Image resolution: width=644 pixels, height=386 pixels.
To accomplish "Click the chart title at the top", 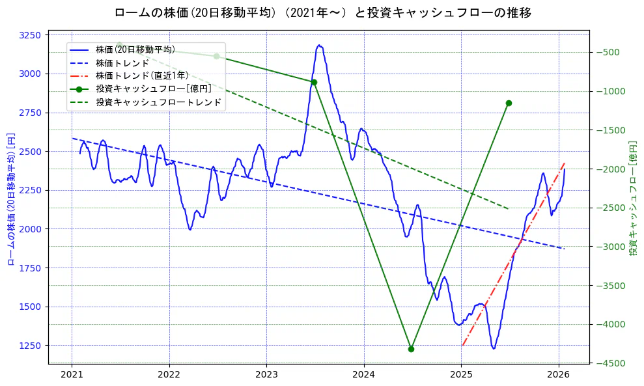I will pyautogui.click(x=322, y=12).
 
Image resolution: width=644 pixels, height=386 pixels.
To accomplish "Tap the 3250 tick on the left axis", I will pyautogui.click(x=31, y=35).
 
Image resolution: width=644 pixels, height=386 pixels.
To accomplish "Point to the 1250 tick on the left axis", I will pyautogui.click(x=31, y=346).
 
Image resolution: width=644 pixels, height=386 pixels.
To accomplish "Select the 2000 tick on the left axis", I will pyautogui.click(x=31, y=229).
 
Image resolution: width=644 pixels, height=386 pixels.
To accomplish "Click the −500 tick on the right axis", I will pyautogui.click(x=608, y=53).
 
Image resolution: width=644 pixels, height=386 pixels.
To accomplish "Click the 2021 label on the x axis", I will pyautogui.click(x=72, y=375).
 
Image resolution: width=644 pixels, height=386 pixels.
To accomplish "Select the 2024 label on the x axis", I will pyautogui.click(x=364, y=375).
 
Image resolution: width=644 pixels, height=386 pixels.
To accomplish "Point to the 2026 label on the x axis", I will pyautogui.click(x=559, y=375).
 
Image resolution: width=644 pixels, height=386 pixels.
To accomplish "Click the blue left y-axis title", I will pyautogui.click(x=11, y=199).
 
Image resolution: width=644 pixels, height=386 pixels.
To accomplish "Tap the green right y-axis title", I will pyautogui.click(x=632, y=199).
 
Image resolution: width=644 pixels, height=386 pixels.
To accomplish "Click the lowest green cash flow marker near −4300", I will pyautogui.click(x=411, y=349).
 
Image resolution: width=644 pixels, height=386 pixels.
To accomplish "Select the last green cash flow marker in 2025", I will pyautogui.click(x=509, y=103).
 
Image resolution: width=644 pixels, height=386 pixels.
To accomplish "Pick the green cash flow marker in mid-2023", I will pyautogui.click(x=314, y=82).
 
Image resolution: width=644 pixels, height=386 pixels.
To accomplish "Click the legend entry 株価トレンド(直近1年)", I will pyautogui.click(x=141, y=76).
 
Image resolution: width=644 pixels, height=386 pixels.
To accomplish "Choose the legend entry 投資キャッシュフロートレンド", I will pyautogui.click(x=158, y=102).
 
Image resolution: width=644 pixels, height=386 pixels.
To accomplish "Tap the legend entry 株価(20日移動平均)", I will pyautogui.click(x=135, y=49).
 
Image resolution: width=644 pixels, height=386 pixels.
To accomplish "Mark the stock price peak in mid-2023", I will pyautogui.click(x=319, y=46).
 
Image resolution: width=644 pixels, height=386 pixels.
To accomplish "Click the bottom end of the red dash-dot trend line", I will pyautogui.click(x=462, y=345).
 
